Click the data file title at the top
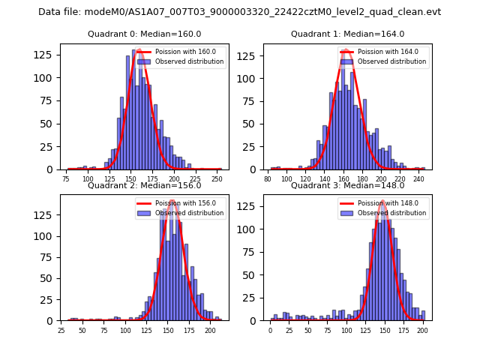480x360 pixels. point(239,12)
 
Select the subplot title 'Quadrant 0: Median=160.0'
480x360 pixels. point(144,34)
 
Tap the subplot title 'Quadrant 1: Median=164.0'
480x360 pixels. point(347,34)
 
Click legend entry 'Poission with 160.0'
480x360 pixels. point(175,52)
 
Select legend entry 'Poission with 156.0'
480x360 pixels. point(175,203)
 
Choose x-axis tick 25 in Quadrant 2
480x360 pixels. point(61,330)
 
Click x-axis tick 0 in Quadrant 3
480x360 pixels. point(271,330)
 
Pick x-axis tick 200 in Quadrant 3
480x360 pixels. point(422,330)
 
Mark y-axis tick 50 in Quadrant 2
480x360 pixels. point(50,278)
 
